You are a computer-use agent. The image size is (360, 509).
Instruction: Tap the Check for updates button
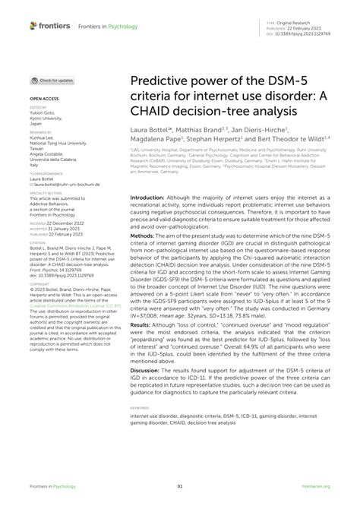[x=52, y=80]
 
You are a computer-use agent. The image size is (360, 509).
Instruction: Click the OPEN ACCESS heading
[x=45, y=99]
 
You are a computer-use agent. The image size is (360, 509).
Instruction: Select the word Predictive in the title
[x=163, y=83]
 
